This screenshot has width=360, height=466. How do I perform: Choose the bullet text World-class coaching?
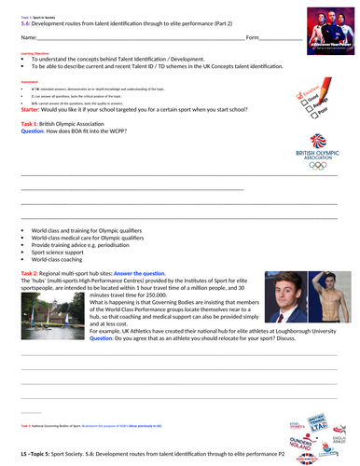point(61,259)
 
